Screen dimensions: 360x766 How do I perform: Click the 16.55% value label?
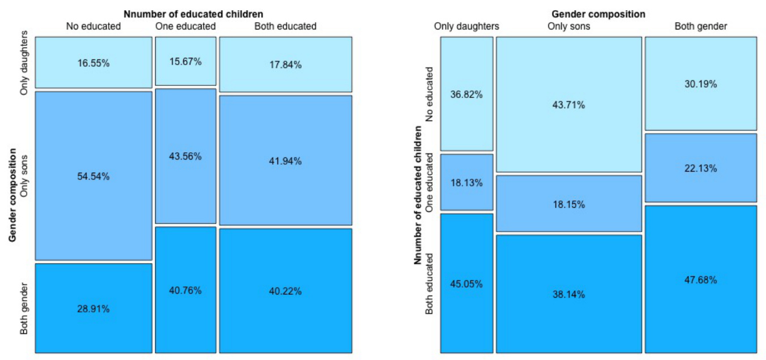coord(93,63)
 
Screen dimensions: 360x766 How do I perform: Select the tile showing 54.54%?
coord(93,176)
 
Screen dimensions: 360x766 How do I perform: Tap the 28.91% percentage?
coord(93,309)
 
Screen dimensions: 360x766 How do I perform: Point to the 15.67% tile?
coord(186,62)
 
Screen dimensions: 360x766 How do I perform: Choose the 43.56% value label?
coord(186,156)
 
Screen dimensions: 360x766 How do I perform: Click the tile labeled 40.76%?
coord(186,290)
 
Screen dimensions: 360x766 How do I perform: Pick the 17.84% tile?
coord(285,65)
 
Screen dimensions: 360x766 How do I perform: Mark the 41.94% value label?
coord(285,161)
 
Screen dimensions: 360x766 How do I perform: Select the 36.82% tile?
coord(467,95)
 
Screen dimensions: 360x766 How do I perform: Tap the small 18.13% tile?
coord(467,183)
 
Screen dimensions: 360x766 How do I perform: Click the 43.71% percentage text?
coord(569,105)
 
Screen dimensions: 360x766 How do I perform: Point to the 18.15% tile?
coord(569,204)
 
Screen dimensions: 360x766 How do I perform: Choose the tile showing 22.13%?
coord(700,168)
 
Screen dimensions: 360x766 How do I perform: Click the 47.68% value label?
coord(700,280)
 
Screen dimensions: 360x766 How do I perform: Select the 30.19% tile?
coord(700,84)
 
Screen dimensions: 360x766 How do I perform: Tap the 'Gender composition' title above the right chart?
coord(598,14)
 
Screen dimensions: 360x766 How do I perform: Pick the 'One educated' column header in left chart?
coord(185,26)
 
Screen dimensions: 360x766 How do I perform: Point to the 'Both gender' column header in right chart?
coord(701,26)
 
